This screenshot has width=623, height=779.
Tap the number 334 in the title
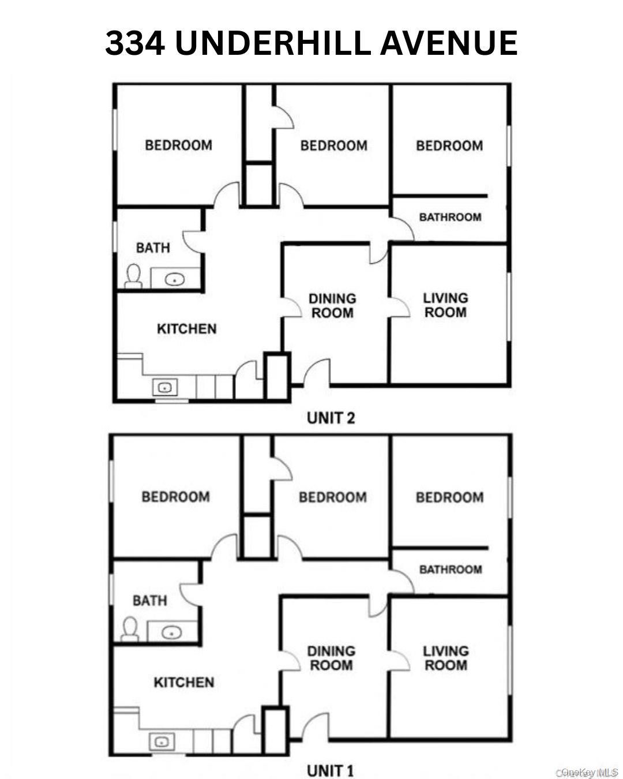[x=135, y=43]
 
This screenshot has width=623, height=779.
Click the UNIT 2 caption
[x=331, y=418]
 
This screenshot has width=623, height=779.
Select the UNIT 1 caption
[x=330, y=770]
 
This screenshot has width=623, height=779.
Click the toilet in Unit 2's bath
[x=133, y=276]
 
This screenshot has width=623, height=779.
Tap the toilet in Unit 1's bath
[x=130, y=630]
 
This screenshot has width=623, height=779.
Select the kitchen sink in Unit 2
[x=164, y=388]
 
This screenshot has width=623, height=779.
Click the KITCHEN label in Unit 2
[x=186, y=329]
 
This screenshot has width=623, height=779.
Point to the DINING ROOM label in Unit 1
[x=331, y=658]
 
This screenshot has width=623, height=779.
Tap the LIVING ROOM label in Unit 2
[x=445, y=305]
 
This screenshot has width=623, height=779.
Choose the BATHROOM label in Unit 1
[x=451, y=570]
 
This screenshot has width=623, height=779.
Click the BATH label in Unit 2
[x=153, y=248]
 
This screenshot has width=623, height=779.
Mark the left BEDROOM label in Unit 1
[x=176, y=496]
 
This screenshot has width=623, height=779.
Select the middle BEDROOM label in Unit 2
[x=333, y=145]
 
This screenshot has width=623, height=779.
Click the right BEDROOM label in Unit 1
[x=450, y=497]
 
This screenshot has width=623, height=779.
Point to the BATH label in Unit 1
[x=149, y=601]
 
